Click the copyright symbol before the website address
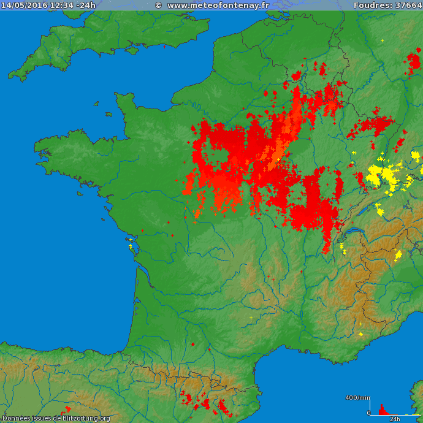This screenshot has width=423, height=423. (x=158, y=5)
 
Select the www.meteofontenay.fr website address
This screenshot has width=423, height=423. (x=218, y=5)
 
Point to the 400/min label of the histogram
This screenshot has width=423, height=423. (x=357, y=398)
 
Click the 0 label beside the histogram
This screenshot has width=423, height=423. (x=368, y=413)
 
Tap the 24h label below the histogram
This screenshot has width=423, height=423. (x=395, y=419)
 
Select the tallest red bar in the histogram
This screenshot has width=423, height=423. (x=381, y=409)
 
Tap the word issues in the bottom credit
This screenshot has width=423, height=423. (x=40, y=418)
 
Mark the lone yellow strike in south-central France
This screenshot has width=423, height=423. (x=251, y=318)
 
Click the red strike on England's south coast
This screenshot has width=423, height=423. (x=164, y=46)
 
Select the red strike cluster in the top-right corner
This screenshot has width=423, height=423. (x=414, y=61)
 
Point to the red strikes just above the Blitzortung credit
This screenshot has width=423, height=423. (x=66, y=410)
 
